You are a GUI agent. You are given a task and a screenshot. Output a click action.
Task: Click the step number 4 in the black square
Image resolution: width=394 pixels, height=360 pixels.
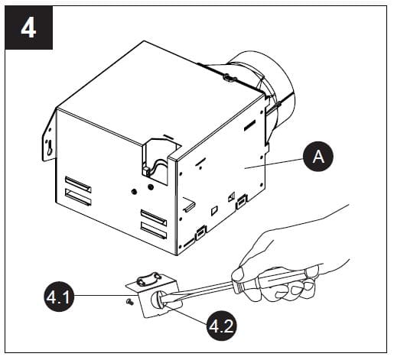pyautogui.click(x=28, y=28)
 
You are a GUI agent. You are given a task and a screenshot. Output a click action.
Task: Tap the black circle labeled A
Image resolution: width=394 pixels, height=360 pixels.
pyautogui.click(x=318, y=157)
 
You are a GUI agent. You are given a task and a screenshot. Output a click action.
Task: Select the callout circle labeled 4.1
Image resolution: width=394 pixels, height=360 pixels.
pyautogui.click(x=59, y=297)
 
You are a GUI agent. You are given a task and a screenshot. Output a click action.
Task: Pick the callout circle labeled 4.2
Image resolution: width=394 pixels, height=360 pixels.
pyautogui.click(x=221, y=326)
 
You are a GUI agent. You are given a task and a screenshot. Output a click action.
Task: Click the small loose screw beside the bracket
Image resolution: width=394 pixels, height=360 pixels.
pyautogui.click(x=129, y=302)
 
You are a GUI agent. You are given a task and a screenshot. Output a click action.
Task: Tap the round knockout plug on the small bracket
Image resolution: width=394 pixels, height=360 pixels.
pyautogui.click(x=158, y=299)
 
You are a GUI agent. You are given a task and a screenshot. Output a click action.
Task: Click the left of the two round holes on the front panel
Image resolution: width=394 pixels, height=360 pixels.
pyautogui.click(x=134, y=191)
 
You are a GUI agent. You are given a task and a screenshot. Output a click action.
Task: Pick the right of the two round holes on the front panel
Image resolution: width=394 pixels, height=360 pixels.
pyautogui.click(x=151, y=187)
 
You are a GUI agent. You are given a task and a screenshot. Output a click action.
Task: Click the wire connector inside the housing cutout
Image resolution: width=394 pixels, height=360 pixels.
pyautogui.click(x=146, y=171)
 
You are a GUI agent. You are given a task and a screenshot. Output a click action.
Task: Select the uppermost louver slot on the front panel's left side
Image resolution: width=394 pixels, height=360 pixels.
pyautogui.click(x=78, y=184)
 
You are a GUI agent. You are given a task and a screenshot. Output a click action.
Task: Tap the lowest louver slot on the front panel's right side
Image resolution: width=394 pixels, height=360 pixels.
pyautogui.click(x=154, y=231)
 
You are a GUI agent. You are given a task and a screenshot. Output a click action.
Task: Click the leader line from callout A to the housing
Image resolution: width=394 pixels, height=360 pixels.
pyautogui.click(x=274, y=164)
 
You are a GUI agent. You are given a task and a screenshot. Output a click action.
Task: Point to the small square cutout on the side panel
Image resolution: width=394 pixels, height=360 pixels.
pyautogui.click(x=214, y=210)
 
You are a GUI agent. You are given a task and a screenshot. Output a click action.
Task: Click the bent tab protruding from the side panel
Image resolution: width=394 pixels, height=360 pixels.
pyautogui.click(x=189, y=204)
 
